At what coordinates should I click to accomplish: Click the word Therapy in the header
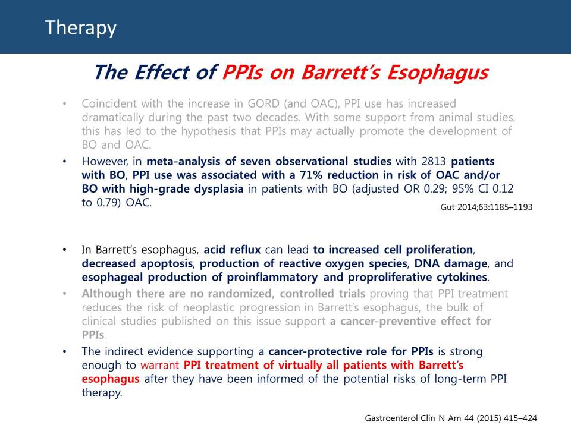[x=80, y=28]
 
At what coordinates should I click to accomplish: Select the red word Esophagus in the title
[x=437, y=73]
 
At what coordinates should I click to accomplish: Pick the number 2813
[x=434, y=161]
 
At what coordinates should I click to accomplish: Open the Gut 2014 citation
[x=486, y=207]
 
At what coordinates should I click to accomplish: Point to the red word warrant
[x=159, y=365]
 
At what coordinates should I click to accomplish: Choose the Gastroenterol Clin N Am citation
[x=451, y=418]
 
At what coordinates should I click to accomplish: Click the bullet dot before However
[x=64, y=162]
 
